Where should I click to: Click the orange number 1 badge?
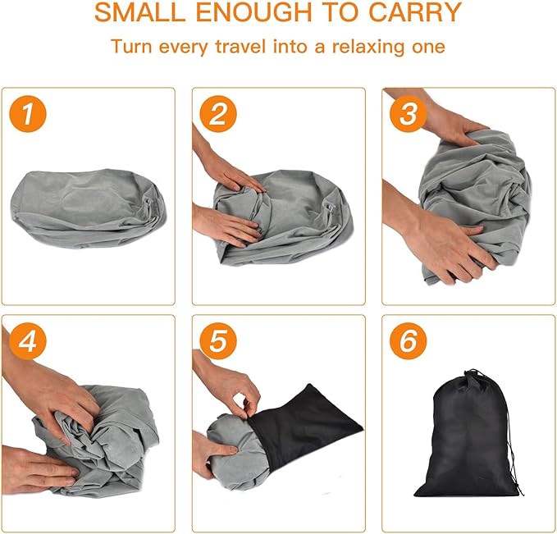coord(28,114)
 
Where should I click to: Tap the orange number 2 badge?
coord(218,114)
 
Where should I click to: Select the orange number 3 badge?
coord(409,114)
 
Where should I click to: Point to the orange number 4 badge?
coord(28,341)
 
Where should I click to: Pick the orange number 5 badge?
coord(218,341)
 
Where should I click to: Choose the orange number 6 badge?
coord(409,341)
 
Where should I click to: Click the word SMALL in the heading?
coord(140,12)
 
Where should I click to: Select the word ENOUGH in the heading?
coord(254,12)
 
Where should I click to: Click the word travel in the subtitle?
coord(240,47)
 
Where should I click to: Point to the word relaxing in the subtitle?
coord(368,48)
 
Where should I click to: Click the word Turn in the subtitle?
coord(131,47)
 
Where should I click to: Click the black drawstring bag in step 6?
coord(469,434)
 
